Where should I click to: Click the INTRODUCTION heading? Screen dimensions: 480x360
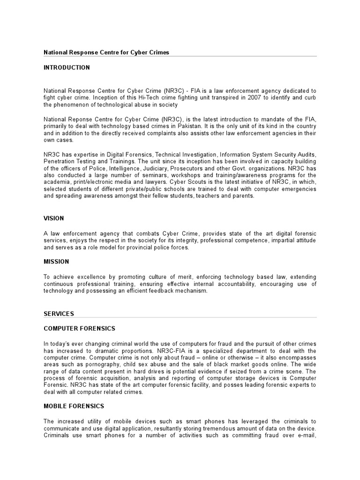[x=67, y=67]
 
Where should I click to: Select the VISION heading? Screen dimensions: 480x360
[x=54, y=218]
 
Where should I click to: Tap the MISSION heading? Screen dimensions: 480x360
[x=56, y=262]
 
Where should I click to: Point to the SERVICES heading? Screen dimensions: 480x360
[x=59, y=314]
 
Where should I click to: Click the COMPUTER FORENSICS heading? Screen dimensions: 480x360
[x=79, y=329]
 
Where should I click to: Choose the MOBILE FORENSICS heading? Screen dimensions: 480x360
[x=74, y=406]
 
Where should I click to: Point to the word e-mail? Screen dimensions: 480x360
[x=305, y=435]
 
